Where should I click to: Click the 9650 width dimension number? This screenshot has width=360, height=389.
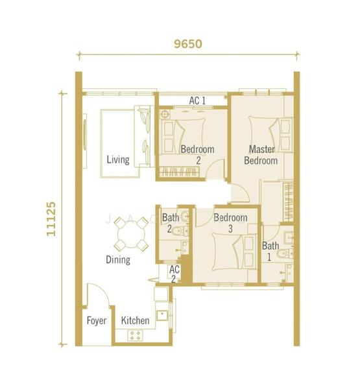coord(188,44)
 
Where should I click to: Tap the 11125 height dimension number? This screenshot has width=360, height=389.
coord(51,218)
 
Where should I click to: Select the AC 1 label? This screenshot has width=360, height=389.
coord(197,100)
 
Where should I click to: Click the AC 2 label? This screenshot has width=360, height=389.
coord(174,274)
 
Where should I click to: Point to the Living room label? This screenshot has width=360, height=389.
coord(118,159)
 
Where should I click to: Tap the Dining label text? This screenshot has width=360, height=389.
coord(118,260)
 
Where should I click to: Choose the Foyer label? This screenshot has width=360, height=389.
coord(97,320)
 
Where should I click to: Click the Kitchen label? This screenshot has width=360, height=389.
coord(136,320)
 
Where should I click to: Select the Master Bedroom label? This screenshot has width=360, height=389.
coord(261,155)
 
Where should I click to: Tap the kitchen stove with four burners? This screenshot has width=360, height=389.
coord(136,335)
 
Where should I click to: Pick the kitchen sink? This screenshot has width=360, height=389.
coord(162,315)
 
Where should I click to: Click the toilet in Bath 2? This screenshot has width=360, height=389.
coord(180,231)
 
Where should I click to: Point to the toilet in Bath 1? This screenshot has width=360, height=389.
coord(285,253)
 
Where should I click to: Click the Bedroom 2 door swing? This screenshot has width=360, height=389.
coord(215,169)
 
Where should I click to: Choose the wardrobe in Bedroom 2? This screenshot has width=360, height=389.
coord(179,172)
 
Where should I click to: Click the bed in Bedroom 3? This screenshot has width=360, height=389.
coord(235,252)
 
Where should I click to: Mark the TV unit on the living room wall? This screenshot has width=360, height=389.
coord(85,141)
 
